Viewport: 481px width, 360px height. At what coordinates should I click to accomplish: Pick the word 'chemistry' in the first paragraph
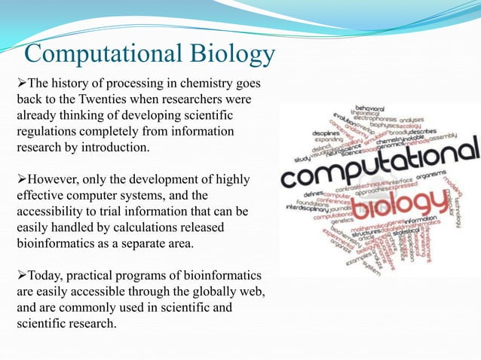coord(195,83)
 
